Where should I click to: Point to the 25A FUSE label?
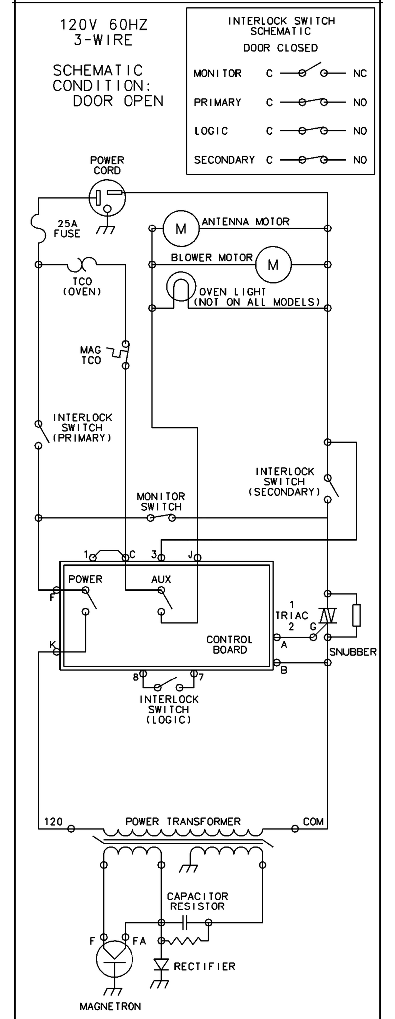tap(67, 228)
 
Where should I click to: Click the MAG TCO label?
tap(91, 355)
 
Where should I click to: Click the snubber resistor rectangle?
tap(356, 615)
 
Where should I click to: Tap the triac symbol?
tap(327, 616)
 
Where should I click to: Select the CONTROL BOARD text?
tap(229, 644)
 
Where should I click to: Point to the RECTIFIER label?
tap(204, 966)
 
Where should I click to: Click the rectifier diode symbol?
tap(161, 965)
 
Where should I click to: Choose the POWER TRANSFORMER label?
tap(183, 821)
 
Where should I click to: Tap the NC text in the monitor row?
tap(360, 73)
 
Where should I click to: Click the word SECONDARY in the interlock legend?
tap(224, 160)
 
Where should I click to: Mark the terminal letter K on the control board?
tap(52, 645)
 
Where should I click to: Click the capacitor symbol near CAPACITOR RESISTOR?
tap(185, 922)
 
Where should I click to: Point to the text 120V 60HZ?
tap(104, 24)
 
